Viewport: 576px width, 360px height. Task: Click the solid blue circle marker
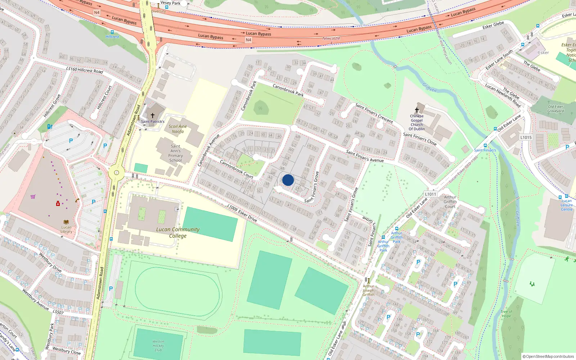[288, 180]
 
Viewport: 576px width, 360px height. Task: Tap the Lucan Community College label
[178, 233]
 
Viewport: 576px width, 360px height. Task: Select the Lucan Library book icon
[66, 222]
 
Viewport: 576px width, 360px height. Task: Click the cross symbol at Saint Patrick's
[152, 116]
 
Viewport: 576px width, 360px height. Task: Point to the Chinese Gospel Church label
[417, 122]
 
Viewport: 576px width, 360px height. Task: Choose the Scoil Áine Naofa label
[177, 129]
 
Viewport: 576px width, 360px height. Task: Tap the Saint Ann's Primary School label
[175, 153]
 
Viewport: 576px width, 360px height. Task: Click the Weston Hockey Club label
[158, 346]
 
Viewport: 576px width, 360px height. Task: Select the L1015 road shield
[526, 138]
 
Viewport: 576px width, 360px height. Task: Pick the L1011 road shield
[431, 194]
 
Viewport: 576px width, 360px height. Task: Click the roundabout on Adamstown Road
[116, 172]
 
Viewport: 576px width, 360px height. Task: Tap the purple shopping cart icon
[33, 197]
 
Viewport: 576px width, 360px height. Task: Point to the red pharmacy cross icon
[58, 204]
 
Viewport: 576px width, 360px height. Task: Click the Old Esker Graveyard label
[555, 109]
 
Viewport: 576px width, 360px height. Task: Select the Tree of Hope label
[506, 314]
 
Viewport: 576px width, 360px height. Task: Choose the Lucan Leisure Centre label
[566, 205]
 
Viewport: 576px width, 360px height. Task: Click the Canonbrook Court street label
[237, 169]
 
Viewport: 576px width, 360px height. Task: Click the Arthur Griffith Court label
[450, 202]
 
